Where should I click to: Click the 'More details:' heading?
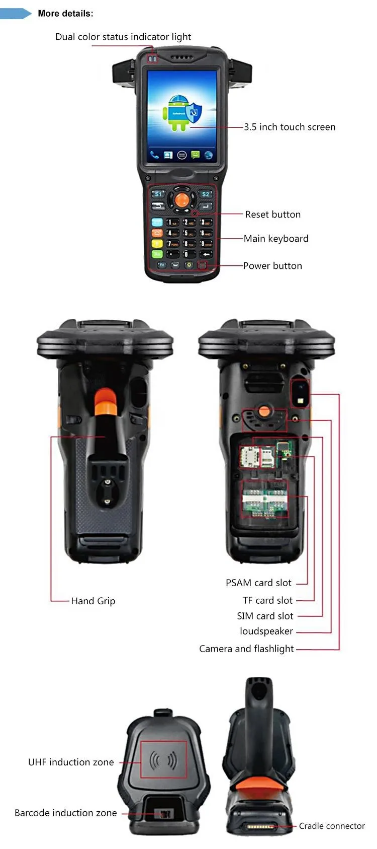pos(65,14)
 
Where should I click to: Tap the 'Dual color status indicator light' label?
pos(123,37)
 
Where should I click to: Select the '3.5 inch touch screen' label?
pos(290,127)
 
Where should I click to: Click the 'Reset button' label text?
pos(272,215)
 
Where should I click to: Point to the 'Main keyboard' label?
pos(276,239)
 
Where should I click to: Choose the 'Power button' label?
pos(272,266)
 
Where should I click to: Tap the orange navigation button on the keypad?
pos(182,200)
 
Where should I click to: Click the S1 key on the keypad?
pos(158,194)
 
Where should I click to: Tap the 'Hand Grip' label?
pos(93,601)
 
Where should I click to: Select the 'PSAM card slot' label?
pos(258,583)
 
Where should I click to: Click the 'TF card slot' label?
pos(267,600)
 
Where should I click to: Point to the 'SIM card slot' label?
pos(265,616)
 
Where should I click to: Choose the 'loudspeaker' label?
pos(266,631)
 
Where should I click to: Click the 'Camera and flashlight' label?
pos(246,649)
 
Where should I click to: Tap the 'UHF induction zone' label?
pos(71,762)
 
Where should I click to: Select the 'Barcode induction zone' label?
pos(65,813)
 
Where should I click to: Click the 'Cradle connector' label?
pos(332,826)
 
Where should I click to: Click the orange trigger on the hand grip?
pos(106,401)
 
